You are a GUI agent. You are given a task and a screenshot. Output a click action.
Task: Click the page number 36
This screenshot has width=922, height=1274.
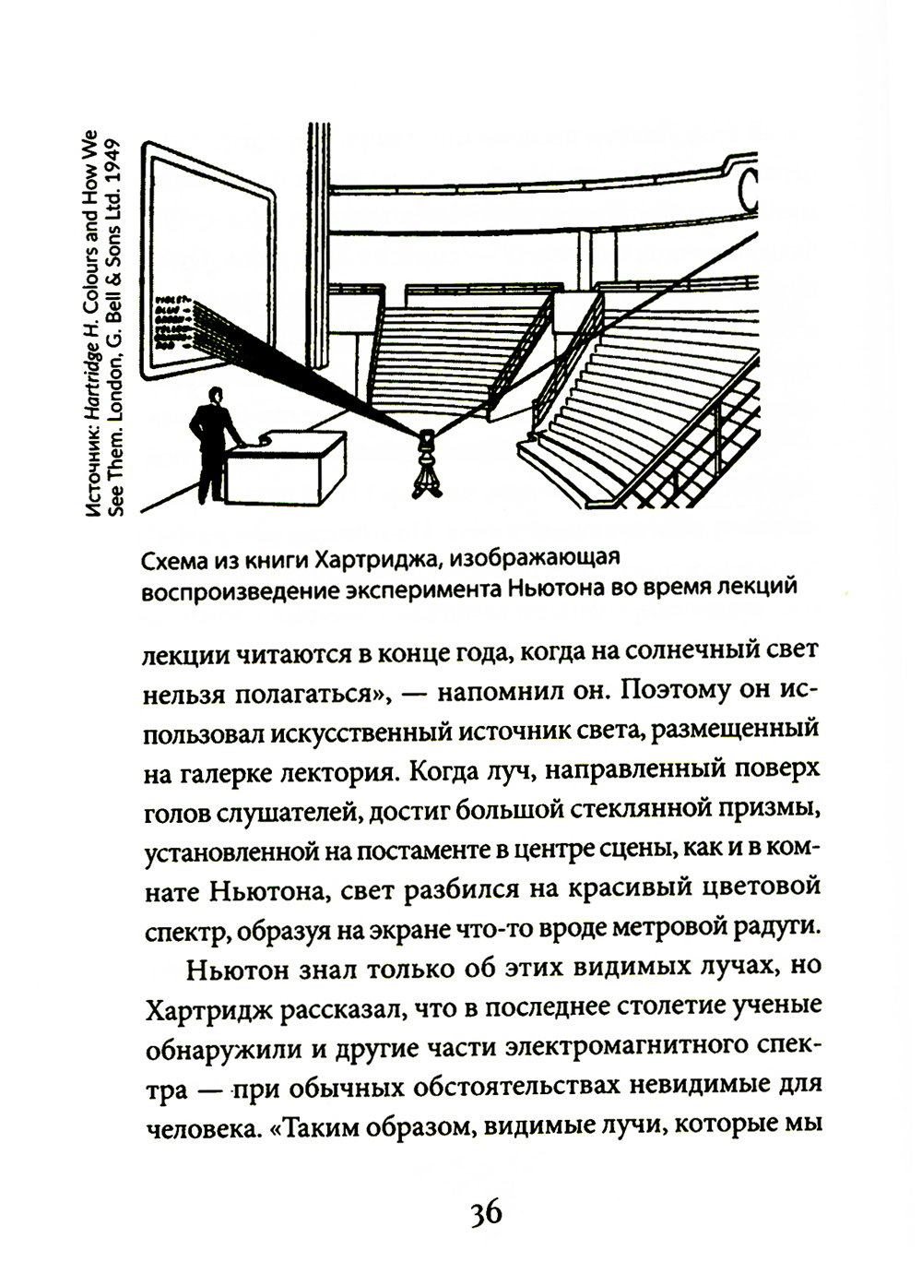click(x=485, y=1212)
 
